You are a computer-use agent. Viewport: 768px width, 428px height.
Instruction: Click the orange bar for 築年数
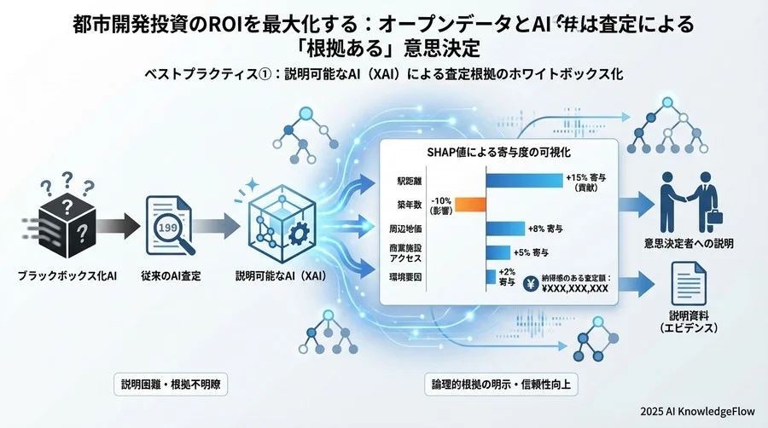470,204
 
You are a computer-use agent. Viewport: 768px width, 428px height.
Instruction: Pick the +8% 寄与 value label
547,228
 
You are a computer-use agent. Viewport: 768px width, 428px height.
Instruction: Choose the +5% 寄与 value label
532,252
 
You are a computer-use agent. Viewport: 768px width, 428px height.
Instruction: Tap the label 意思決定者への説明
689,243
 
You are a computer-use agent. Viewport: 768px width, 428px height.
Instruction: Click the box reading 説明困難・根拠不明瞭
172,384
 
